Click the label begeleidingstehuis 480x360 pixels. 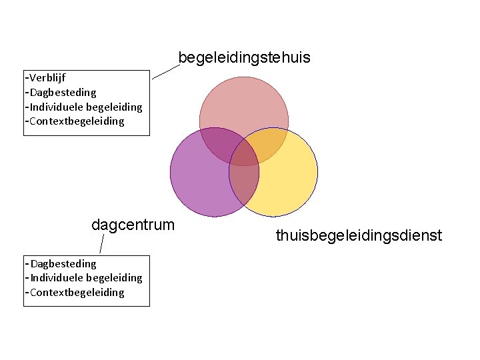(x=244, y=58)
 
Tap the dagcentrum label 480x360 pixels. (x=133, y=225)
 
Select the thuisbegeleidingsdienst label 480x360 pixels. (x=359, y=235)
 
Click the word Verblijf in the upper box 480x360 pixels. (x=47, y=77)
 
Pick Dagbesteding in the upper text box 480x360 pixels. (x=63, y=92)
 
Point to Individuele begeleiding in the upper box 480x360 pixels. (x=86, y=107)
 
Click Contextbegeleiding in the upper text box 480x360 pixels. (x=77, y=121)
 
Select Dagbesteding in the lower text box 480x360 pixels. (x=63, y=263)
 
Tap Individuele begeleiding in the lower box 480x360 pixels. (x=86, y=278)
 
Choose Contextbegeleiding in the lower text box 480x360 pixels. (x=77, y=293)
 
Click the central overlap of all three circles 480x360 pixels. (x=245, y=154)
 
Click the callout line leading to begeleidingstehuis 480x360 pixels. (x=166, y=71)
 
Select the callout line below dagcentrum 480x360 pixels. (x=101, y=244)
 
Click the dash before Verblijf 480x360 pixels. (x=27, y=77)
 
